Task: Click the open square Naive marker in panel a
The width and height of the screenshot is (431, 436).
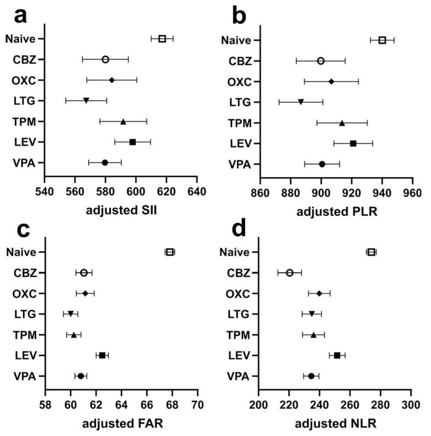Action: [162, 38]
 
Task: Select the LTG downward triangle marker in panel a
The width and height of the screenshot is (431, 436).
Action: [86, 100]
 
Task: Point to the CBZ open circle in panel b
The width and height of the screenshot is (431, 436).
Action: [321, 60]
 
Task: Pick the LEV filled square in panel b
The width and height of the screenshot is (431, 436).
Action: [353, 143]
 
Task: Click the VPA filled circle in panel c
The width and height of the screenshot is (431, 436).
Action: [81, 376]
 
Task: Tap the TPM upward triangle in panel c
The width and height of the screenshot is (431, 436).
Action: [74, 335]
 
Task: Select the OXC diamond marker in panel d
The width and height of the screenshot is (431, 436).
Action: [319, 293]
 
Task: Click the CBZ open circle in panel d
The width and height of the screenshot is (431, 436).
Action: [290, 272]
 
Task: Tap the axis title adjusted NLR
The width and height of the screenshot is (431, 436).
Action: [335, 423]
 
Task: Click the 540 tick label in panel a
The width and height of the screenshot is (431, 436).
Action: [45, 192]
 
